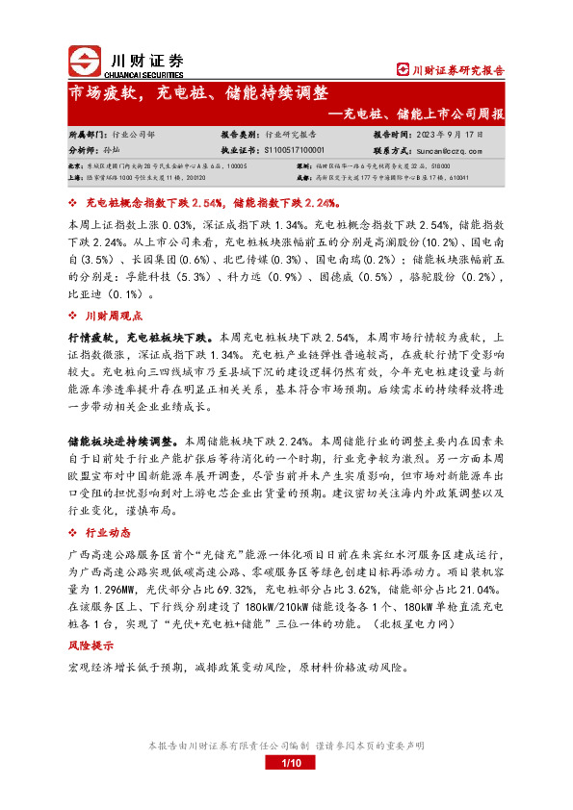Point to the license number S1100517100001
click(x=295, y=150)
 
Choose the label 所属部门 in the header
click(x=88, y=136)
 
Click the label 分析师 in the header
click(x=85, y=150)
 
